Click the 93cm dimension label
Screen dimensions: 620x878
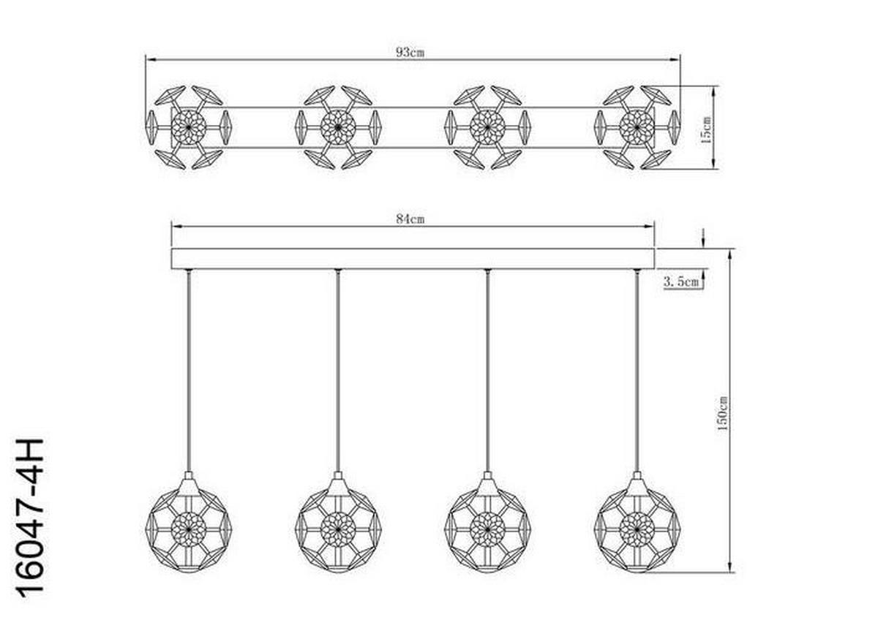[x=410, y=52]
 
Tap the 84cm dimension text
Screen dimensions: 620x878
[x=410, y=219]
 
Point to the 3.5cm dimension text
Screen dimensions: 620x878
[x=681, y=280]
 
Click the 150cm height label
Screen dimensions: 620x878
[x=723, y=412]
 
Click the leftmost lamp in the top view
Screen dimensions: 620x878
[x=189, y=127]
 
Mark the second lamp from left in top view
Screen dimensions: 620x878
[x=338, y=127]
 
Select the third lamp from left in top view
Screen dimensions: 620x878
[x=487, y=127]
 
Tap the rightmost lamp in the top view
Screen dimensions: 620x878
[x=637, y=127]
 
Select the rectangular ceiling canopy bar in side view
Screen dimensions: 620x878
[x=413, y=259]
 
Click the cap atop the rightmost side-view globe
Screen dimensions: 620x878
[x=637, y=484]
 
